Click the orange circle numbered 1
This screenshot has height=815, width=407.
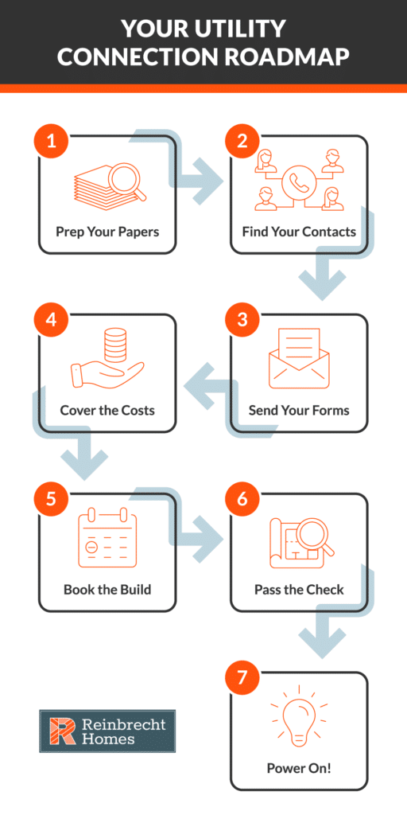click(x=52, y=142)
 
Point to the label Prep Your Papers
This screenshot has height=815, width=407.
click(x=107, y=232)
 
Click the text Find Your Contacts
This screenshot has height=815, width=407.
click(x=299, y=232)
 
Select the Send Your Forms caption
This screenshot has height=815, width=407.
click(x=299, y=411)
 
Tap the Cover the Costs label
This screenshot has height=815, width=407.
click(x=107, y=411)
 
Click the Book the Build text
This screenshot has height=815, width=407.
click(x=107, y=591)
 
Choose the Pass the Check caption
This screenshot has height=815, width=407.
click(x=299, y=591)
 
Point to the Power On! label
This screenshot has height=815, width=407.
click(x=299, y=770)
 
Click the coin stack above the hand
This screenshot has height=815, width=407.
click(x=114, y=346)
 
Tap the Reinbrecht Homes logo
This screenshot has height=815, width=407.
click(x=107, y=731)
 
